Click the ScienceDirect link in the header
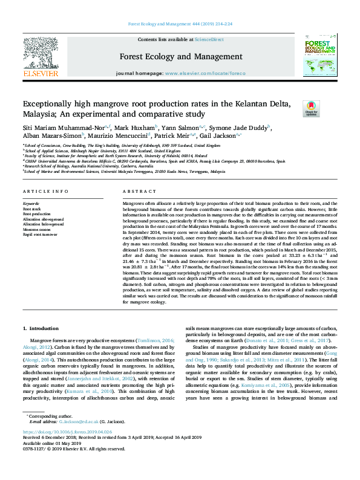tap(209, 39)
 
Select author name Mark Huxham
tap(136, 128)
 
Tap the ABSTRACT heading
tap(136, 192)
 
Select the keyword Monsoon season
tap(36, 230)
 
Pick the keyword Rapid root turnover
tap(40, 235)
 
